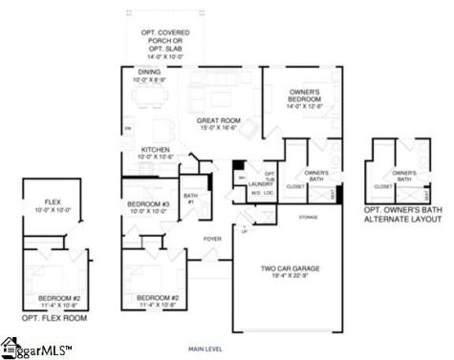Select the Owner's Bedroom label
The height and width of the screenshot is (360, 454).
[306, 96]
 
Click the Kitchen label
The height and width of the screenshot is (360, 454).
[155, 151]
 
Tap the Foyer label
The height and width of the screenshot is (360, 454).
[211, 238]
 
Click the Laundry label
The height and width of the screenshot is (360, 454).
[262, 183]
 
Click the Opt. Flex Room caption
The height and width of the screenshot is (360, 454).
[54, 318]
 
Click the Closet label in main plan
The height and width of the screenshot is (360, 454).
[295, 186]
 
